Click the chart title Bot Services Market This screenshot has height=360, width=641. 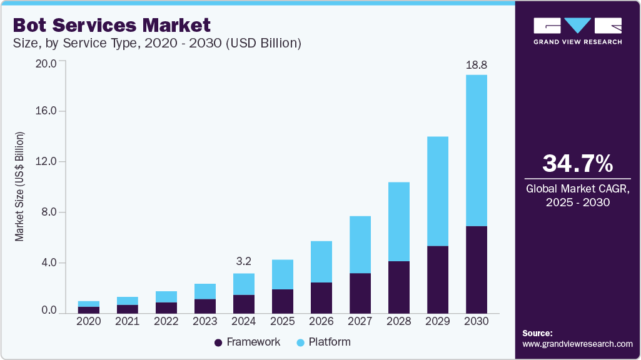[x=111, y=25]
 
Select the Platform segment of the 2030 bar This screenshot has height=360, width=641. [x=477, y=150]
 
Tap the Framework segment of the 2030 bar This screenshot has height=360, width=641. [x=477, y=269]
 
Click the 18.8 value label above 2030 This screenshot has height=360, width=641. [x=477, y=65]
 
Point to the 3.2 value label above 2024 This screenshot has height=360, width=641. [x=244, y=260]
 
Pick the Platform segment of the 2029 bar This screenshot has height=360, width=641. [x=438, y=191]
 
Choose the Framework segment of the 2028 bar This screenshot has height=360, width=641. [x=399, y=287]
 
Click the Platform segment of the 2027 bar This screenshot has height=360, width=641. [x=360, y=244]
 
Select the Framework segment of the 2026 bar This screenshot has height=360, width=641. [x=321, y=297]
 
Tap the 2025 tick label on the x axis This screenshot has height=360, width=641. [x=283, y=321]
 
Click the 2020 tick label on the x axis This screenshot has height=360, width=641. [x=88, y=321]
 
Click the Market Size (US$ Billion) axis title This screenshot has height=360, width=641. [x=20, y=187]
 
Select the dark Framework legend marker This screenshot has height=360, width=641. [x=218, y=342]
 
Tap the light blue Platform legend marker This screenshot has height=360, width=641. [x=300, y=342]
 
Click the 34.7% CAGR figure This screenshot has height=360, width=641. [x=577, y=164]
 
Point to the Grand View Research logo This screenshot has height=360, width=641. [x=577, y=30]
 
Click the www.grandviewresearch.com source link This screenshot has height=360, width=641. [x=577, y=344]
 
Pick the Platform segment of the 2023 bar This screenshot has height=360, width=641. [x=205, y=291]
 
